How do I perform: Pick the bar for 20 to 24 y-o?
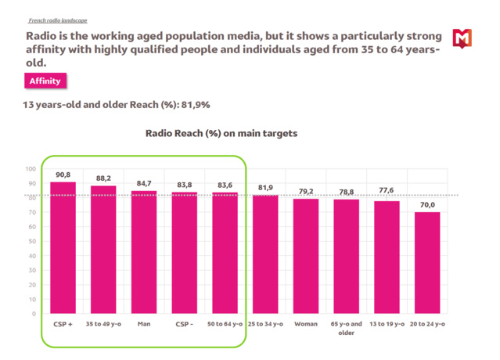(x=427, y=263)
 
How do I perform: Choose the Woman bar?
(x=306, y=256)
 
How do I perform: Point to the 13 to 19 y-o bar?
(x=387, y=257)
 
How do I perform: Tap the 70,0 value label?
(x=427, y=205)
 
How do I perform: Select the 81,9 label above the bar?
(x=265, y=188)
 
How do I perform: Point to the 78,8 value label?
(x=347, y=192)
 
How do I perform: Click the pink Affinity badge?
(x=45, y=81)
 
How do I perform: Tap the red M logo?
(x=462, y=37)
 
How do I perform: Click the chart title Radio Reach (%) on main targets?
(x=221, y=134)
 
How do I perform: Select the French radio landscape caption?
(x=58, y=20)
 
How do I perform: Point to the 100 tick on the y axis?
(x=30, y=169)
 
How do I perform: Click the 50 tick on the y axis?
(x=31, y=241)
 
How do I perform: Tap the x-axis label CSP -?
(x=185, y=324)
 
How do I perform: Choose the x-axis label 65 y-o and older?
(x=347, y=328)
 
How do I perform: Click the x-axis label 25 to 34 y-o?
(x=265, y=324)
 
